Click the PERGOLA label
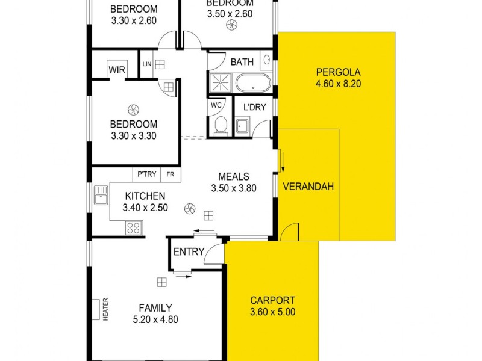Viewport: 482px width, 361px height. tap(337, 73)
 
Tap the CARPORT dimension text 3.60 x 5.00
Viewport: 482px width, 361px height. tap(273, 312)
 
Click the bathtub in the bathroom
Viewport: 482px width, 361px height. tap(253, 83)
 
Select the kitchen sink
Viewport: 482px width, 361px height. tap(100, 195)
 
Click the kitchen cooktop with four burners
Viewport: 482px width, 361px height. tap(133, 228)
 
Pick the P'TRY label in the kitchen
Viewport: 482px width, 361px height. tap(146, 174)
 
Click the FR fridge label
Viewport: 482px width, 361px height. tap(171, 174)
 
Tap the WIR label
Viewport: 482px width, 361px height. tap(117, 70)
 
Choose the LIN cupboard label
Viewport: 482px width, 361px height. tap(146, 64)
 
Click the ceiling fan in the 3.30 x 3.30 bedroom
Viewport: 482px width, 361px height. tap(133, 110)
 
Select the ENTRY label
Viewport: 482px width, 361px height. tap(189, 252)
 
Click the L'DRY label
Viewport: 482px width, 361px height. tap(255, 108)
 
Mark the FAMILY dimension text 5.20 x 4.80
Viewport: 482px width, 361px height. tap(155, 320)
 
